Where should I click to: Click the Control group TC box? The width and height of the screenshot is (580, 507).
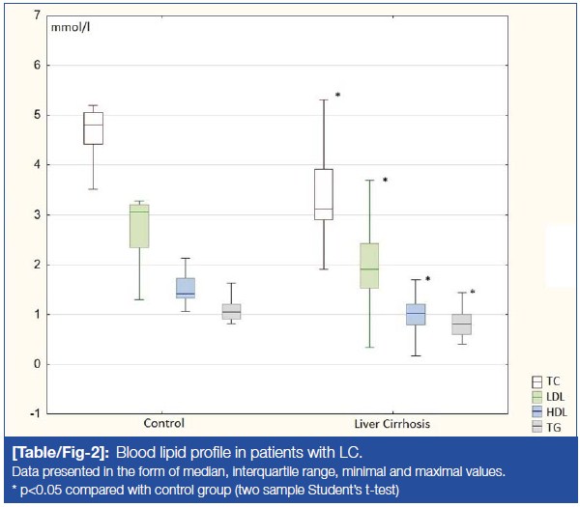[94, 128]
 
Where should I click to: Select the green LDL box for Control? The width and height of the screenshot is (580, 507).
[139, 226]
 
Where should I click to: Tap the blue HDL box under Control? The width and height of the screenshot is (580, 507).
[186, 288]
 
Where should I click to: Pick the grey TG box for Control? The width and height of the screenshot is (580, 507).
[231, 311]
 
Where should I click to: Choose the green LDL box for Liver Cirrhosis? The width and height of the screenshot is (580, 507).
[368, 266]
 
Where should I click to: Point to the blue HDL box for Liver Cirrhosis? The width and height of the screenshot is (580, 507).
[415, 315]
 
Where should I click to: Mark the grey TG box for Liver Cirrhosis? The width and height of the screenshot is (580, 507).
[461, 324]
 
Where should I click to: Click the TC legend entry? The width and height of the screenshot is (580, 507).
[547, 383]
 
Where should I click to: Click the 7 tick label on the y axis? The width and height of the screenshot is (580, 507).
[36, 16]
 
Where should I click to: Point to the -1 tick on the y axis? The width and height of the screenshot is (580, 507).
[34, 413]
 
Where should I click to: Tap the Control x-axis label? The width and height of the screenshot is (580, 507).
[162, 424]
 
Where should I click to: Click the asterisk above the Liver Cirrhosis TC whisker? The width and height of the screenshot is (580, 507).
[337, 96]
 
